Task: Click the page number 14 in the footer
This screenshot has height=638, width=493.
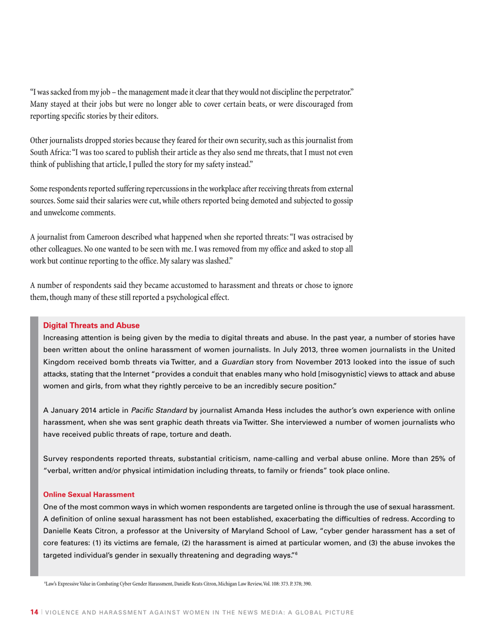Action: tap(34, 613)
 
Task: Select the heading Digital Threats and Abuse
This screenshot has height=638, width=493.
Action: tap(91, 325)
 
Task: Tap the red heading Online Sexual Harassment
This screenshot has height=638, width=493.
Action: tap(89, 494)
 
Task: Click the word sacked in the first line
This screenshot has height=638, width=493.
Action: tap(56, 92)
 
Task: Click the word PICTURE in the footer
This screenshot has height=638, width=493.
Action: tap(338, 613)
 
